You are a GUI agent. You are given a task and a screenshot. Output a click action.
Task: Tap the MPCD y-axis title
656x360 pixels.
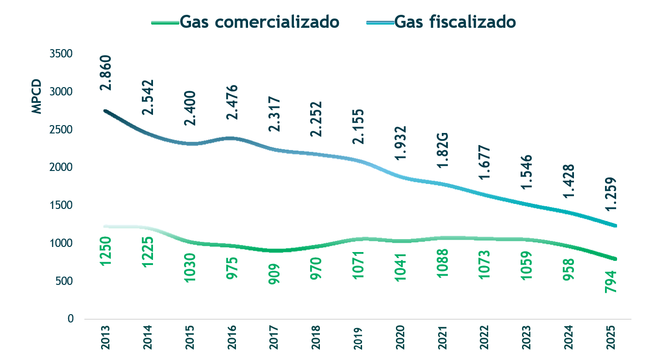[x=37, y=97]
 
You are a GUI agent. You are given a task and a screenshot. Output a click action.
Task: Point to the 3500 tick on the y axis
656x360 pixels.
[x=61, y=54]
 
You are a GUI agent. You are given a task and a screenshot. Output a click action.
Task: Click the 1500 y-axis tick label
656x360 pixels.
[x=61, y=205]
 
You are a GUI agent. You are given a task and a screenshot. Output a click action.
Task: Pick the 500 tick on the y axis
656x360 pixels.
[x=64, y=281]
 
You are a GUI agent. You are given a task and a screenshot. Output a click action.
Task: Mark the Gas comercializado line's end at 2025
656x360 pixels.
[x=615, y=259]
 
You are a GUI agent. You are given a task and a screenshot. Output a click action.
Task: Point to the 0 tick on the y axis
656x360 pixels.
[x=70, y=319]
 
